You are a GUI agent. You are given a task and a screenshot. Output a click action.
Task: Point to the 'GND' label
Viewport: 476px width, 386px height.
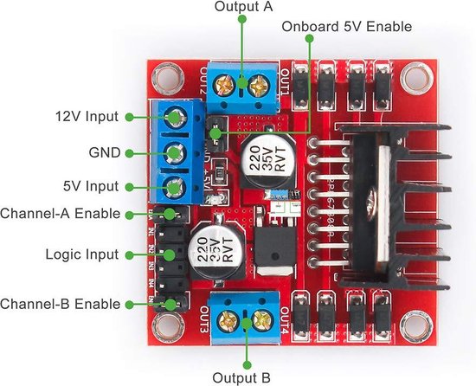pyautogui.click(x=103, y=151)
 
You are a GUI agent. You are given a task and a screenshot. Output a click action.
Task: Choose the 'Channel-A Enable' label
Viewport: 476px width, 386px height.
pyautogui.click(x=60, y=213)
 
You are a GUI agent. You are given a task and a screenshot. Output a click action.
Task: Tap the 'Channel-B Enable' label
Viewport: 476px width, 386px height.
pyautogui.click(x=60, y=304)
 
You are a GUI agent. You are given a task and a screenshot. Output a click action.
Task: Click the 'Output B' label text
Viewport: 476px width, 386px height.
pyautogui.click(x=244, y=377)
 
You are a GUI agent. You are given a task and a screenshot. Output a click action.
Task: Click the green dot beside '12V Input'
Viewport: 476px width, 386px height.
pyautogui.click(x=130, y=116)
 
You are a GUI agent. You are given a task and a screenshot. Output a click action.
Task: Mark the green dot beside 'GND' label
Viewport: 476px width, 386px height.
pyautogui.click(x=130, y=151)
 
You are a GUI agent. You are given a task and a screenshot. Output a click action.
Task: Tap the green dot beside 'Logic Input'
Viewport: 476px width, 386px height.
pyautogui.click(x=130, y=255)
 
